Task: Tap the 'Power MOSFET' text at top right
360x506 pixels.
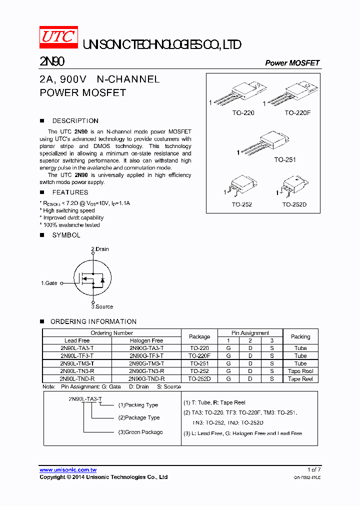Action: coord(292,63)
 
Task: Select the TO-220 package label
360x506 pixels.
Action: coord(243,113)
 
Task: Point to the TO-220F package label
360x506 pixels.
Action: coord(297,113)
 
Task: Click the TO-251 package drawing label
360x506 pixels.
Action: coord(284,160)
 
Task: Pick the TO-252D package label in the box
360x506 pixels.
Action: coord(294,204)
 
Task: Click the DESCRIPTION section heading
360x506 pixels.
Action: coord(75,121)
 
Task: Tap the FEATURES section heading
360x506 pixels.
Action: coord(70,192)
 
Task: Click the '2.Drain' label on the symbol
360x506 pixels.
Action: coord(99,249)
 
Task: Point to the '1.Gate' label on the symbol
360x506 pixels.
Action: coord(49,283)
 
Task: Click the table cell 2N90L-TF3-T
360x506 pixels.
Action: coord(76,356)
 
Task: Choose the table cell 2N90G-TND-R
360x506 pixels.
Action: coord(146,379)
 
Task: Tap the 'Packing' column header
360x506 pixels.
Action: coord(300,336)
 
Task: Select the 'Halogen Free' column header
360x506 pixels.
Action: coord(146,340)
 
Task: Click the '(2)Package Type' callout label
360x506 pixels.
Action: coord(139,417)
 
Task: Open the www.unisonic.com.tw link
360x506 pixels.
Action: coord(68,470)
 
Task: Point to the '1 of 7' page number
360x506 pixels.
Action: coord(314,469)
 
